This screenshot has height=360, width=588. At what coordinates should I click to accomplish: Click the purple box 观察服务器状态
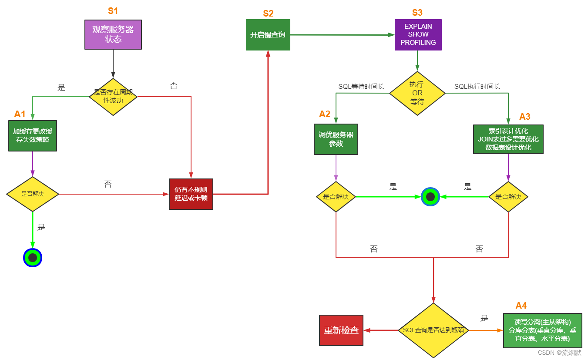point(113,34)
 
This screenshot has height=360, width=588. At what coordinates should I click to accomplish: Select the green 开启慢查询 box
point(268,35)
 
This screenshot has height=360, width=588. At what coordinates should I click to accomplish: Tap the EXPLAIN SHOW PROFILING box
point(418,35)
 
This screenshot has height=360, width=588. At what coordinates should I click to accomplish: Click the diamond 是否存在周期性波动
point(113,97)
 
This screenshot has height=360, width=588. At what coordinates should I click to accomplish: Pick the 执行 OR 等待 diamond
point(417,93)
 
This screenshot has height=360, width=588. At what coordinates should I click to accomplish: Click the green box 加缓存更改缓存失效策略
point(33,136)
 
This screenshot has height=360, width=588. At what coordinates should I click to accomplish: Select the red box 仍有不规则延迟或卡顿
point(191,194)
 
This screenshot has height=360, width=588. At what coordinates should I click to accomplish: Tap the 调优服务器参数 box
point(336,139)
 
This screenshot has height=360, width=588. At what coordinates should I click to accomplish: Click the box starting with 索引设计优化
point(508,139)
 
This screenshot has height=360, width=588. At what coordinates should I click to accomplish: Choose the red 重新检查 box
point(341,330)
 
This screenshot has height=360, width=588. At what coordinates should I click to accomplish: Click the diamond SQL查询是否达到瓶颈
point(433,330)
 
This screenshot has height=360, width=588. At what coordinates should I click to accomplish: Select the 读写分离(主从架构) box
point(542,330)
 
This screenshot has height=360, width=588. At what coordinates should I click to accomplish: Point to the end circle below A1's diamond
point(33,258)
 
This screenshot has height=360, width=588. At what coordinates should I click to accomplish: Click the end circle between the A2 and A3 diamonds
point(430,197)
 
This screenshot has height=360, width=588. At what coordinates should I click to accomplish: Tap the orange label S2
point(268,13)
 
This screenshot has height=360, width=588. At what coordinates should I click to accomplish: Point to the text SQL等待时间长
point(361,87)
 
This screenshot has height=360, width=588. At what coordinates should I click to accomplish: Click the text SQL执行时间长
point(477,87)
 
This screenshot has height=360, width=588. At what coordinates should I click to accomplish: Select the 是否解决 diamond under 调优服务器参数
point(336,197)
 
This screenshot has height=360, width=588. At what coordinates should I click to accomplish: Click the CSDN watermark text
point(559,353)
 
